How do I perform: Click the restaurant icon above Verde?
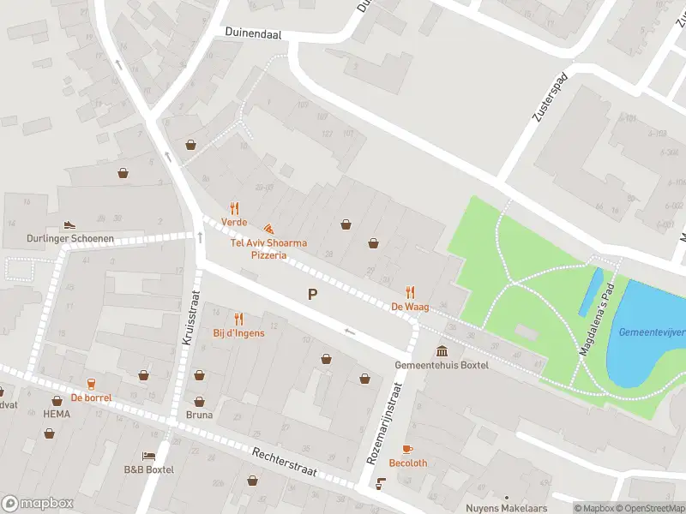tap(234, 208)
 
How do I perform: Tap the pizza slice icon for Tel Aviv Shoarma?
tap(268, 230)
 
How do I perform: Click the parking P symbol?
tap(313, 295)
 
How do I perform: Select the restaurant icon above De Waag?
tap(410, 292)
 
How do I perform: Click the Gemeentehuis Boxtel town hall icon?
tap(442, 351)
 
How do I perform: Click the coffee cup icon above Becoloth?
tap(407, 449)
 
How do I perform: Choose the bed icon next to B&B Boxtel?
tap(148, 456)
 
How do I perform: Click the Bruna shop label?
tap(199, 415)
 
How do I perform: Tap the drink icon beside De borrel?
tap(91, 384)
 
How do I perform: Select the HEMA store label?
tap(57, 414)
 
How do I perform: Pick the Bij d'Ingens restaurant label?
tap(238, 332)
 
